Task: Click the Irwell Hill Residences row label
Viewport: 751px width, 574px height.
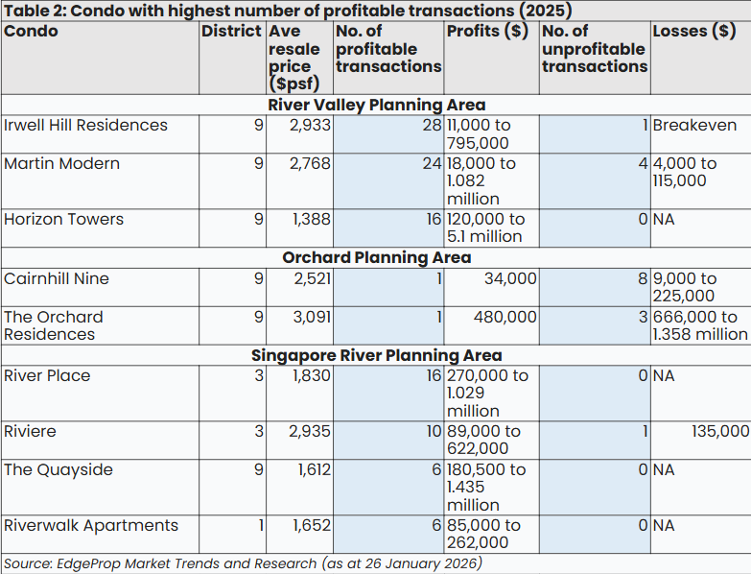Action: pos(85,126)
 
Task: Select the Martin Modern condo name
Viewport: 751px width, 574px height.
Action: pos(61,164)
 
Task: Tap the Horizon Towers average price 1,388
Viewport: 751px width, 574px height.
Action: pos(312,220)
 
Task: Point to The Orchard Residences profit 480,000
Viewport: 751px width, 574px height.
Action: pos(505,317)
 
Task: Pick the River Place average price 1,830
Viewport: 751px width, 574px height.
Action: pos(312,376)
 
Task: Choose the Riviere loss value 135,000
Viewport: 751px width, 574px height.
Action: pos(720,432)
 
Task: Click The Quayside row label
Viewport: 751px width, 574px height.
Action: pos(58,470)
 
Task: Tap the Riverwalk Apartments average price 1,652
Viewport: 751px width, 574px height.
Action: pos(312,526)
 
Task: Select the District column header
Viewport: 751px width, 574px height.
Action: pos(231,31)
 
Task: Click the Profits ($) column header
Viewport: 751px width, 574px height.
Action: pos(487,31)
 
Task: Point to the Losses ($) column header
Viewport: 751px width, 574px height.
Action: pos(694,31)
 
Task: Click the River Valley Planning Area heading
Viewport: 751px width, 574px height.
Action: pos(376,105)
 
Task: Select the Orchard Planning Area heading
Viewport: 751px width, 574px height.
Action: pos(376,257)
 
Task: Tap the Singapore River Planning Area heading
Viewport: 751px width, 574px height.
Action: pos(376,355)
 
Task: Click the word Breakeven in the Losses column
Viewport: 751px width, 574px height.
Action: pos(694,126)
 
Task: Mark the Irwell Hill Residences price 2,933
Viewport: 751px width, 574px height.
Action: pos(311,126)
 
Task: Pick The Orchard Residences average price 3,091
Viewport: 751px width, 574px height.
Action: pos(311,317)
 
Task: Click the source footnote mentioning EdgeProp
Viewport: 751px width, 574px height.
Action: pos(243,563)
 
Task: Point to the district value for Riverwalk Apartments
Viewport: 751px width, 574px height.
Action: pos(259,526)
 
